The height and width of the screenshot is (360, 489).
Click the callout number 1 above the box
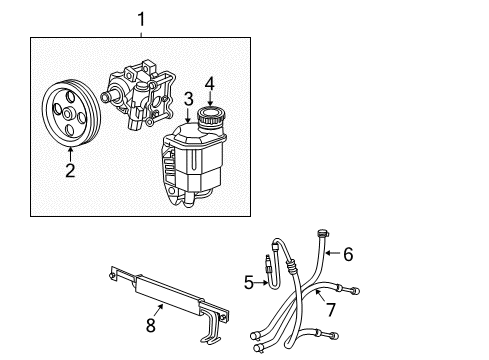click(x=141, y=17)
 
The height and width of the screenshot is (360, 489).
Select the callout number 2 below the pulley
click(x=70, y=171)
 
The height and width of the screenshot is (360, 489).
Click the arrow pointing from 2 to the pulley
click(x=70, y=153)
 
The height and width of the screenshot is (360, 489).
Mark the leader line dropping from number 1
click(x=141, y=31)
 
